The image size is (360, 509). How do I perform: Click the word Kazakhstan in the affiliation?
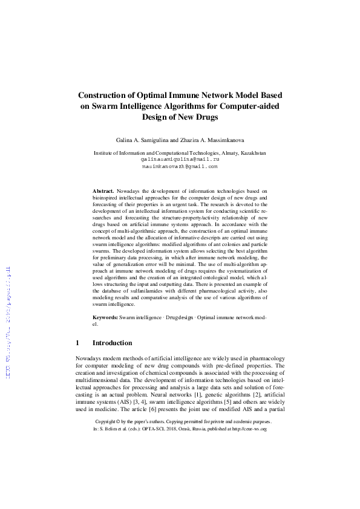click(x=249, y=154)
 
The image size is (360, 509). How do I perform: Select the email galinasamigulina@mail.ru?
click(x=180, y=159)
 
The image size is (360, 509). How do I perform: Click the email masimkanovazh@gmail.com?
click(x=180, y=165)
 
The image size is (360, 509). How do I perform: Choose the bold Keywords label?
click(x=105, y=317)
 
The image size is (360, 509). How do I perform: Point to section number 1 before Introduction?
click(x=77, y=343)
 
